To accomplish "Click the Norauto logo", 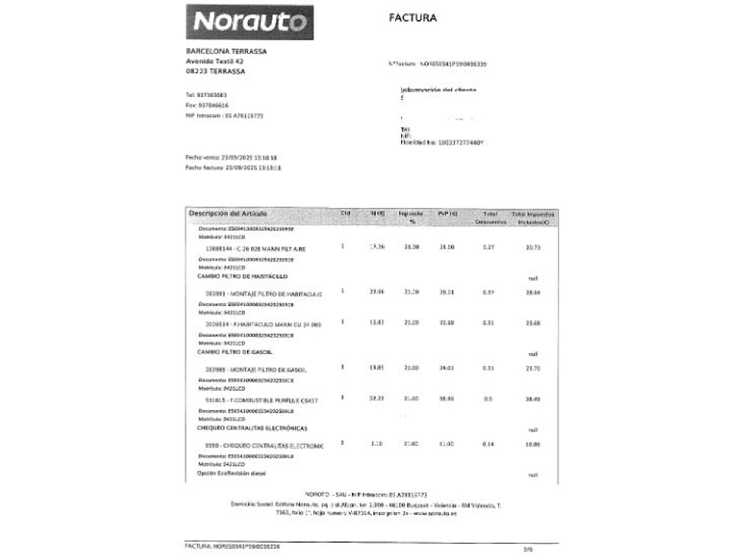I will tap(250, 22).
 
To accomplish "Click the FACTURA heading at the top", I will tap(413, 18).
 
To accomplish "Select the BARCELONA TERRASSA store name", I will tap(226, 51).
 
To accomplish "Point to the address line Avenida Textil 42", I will tap(214, 61).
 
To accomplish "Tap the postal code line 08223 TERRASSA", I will tap(216, 72).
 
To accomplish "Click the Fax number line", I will tap(207, 105).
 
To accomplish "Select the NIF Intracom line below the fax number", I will tap(224, 116).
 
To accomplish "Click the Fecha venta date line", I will tap(231, 158).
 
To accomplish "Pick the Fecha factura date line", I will tap(233, 168).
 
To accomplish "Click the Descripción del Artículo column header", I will tap(228, 214).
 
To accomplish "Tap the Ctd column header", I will tap(345, 214).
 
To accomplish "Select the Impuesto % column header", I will tap(411, 217).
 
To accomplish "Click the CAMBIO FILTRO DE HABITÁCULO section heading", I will tap(242, 277).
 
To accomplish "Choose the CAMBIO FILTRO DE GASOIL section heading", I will tap(235, 352).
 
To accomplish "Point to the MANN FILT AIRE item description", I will tap(256, 249).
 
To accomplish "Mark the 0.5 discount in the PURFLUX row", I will tap(488, 399).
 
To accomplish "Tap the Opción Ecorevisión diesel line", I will tap(231, 473).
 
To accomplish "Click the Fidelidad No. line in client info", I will tap(442, 143).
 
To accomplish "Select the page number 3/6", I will tap(528, 549).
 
